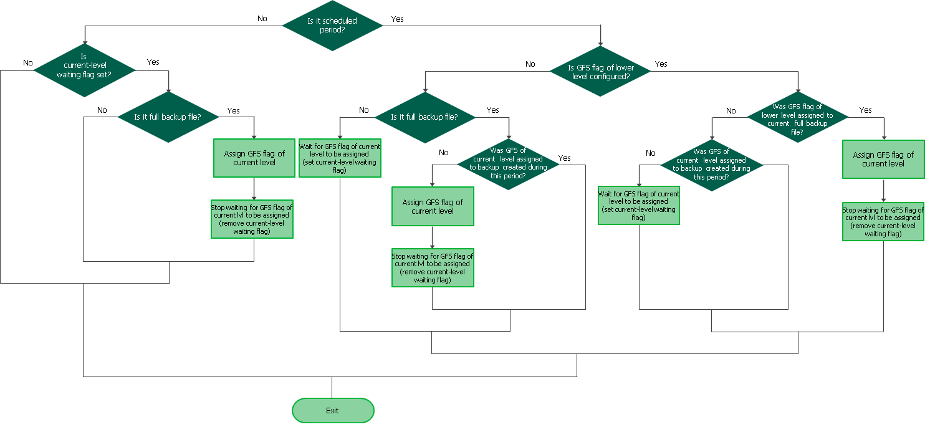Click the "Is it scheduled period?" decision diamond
coord(332,26)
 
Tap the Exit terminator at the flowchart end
coord(333,410)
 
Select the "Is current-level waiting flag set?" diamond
coord(84,70)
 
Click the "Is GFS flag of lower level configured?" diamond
coord(600,72)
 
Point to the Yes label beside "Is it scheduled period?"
coord(397,19)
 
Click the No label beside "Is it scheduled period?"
coord(262,19)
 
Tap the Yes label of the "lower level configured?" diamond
coord(661,64)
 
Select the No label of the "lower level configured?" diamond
coord(530,64)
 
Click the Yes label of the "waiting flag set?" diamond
coord(153,62)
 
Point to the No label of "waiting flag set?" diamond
coord(28,62)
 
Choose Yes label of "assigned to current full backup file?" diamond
coord(865,110)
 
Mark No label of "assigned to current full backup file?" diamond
coord(731,110)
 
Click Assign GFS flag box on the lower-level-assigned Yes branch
coord(883,160)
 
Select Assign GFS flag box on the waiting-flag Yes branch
coord(254,158)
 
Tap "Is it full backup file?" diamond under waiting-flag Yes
coord(168,117)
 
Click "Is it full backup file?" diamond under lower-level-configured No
coord(424,117)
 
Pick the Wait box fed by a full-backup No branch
coord(340,158)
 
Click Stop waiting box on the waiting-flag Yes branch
coord(252,219)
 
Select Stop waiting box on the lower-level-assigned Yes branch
coord(883,221)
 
